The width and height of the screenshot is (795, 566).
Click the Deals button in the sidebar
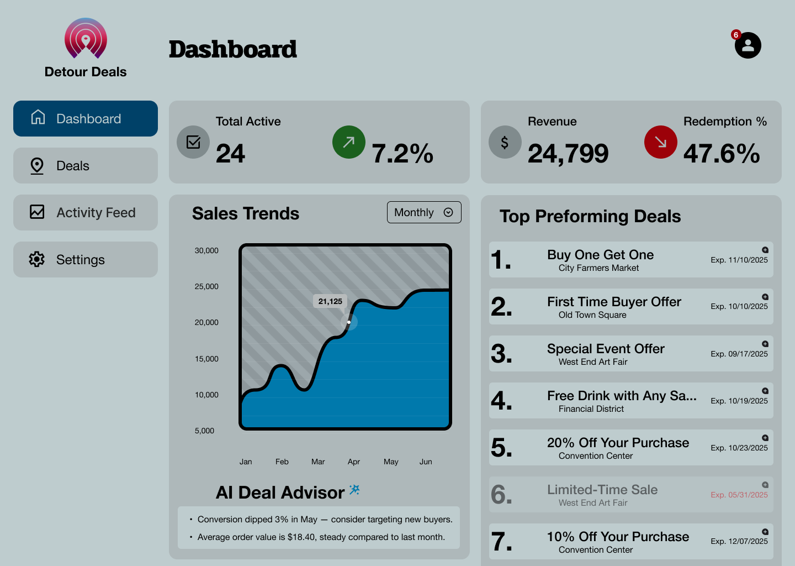(x=86, y=166)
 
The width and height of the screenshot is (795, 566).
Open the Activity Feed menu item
(x=86, y=213)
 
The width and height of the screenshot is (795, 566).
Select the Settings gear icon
(x=37, y=259)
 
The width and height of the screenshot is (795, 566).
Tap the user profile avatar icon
(x=748, y=45)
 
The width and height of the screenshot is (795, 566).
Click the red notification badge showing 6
(x=735, y=35)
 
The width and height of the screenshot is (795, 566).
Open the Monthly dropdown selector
(x=424, y=212)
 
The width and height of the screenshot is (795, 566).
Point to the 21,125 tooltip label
(x=330, y=301)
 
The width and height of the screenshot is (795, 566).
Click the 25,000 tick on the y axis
(x=206, y=286)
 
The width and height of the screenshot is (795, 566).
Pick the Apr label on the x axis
(x=354, y=462)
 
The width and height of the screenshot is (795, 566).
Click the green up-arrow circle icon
(x=349, y=142)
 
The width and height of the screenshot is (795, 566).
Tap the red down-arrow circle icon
(x=661, y=142)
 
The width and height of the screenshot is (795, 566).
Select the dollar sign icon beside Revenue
(x=505, y=142)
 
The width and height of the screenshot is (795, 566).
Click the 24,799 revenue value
(x=568, y=154)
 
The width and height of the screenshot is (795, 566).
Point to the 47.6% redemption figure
(x=722, y=154)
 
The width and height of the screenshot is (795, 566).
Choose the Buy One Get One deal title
(x=600, y=255)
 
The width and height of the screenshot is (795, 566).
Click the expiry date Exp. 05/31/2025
(x=739, y=495)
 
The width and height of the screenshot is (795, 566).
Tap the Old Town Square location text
(x=592, y=315)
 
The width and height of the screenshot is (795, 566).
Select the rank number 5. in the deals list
(x=501, y=448)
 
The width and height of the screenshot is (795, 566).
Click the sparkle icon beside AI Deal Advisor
(x=354, y=490)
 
